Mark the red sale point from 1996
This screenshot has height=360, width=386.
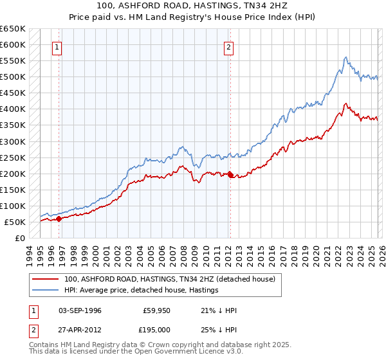pos(59,219)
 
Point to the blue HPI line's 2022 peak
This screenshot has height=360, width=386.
pos(346,57)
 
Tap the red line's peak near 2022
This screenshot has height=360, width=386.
pos(346,104)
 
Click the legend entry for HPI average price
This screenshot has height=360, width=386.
pos(141,291)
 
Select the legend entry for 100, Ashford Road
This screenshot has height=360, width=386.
pos(169,279)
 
